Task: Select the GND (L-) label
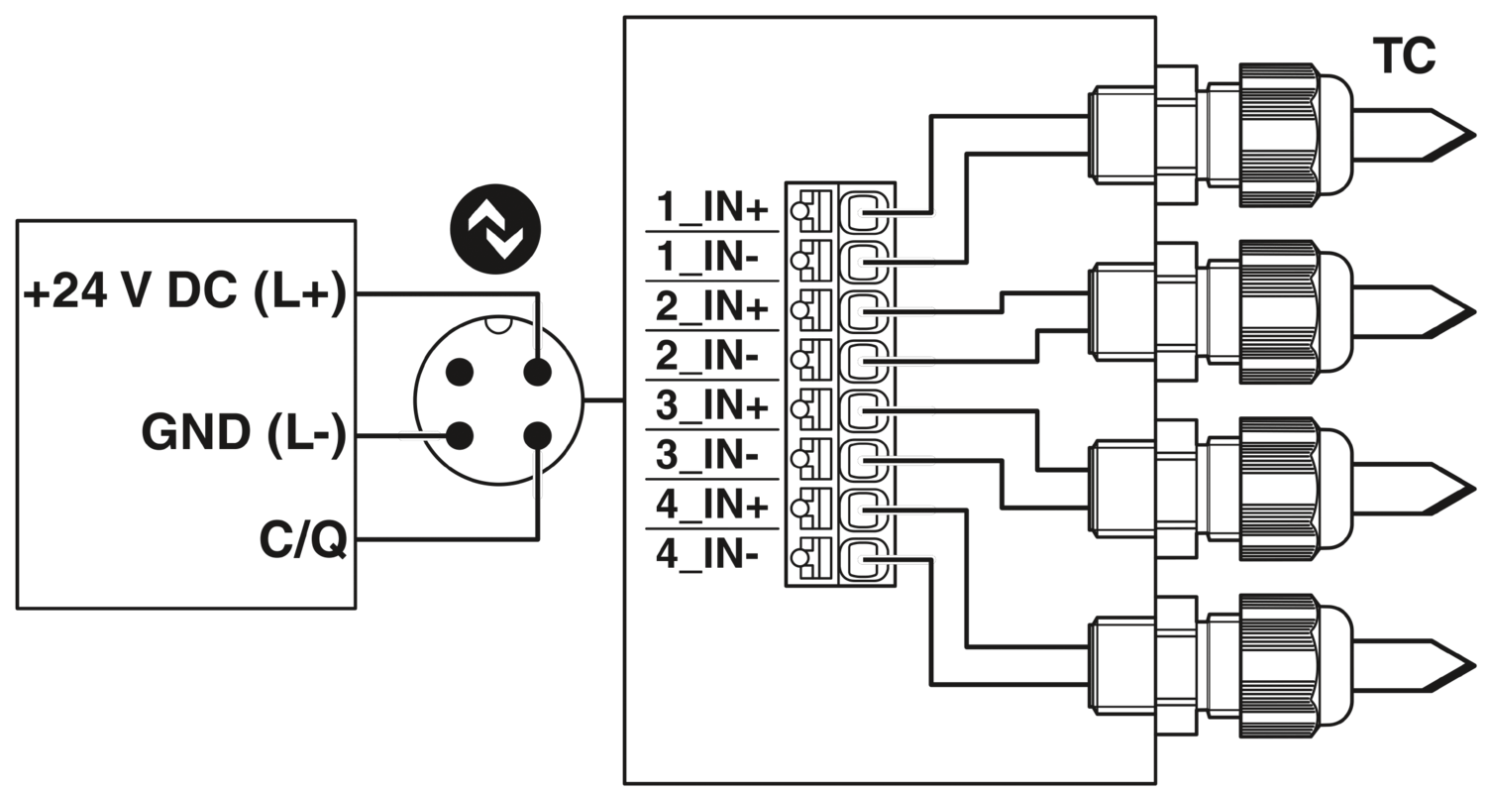[x=243, y=434]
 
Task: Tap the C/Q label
[x=302, y=542]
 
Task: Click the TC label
[x=1404, y=58]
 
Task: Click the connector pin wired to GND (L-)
[x=459, y=434]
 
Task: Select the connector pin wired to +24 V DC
[x=537, y=373]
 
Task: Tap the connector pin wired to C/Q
[x=537, y=434]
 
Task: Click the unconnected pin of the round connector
[x=459, y=373]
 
